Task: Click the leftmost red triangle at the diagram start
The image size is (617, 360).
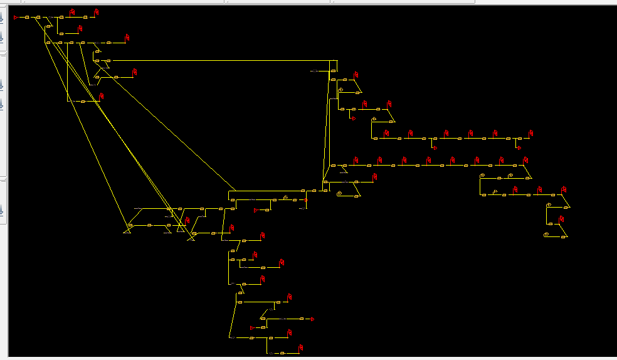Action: tap(16, 18)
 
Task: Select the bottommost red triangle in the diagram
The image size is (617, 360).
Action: tap(253, 328)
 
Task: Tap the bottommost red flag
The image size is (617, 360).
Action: tap(302, 347)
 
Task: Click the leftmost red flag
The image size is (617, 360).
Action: tap(72, 12)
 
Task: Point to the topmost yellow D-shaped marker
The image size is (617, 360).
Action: tap(340, 90)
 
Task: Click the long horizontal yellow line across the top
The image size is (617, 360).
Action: tap(219, 61)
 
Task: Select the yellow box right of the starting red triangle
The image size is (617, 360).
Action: tap(27, 18)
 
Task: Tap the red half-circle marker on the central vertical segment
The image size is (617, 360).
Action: tap(307, 200)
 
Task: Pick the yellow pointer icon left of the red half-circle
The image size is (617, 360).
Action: tap(285, 198)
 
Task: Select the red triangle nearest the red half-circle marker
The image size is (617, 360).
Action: tap(256, 210)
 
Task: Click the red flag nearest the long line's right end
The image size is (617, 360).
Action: tap(356, 76)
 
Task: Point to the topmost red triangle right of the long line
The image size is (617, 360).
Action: tap(353, 118)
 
